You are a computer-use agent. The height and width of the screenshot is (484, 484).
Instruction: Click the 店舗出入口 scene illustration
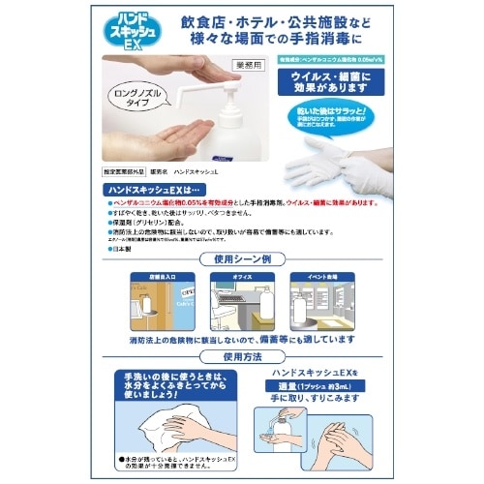(x=157, y=307)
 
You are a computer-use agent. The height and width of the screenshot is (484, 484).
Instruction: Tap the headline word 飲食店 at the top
(x=207, y=21)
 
